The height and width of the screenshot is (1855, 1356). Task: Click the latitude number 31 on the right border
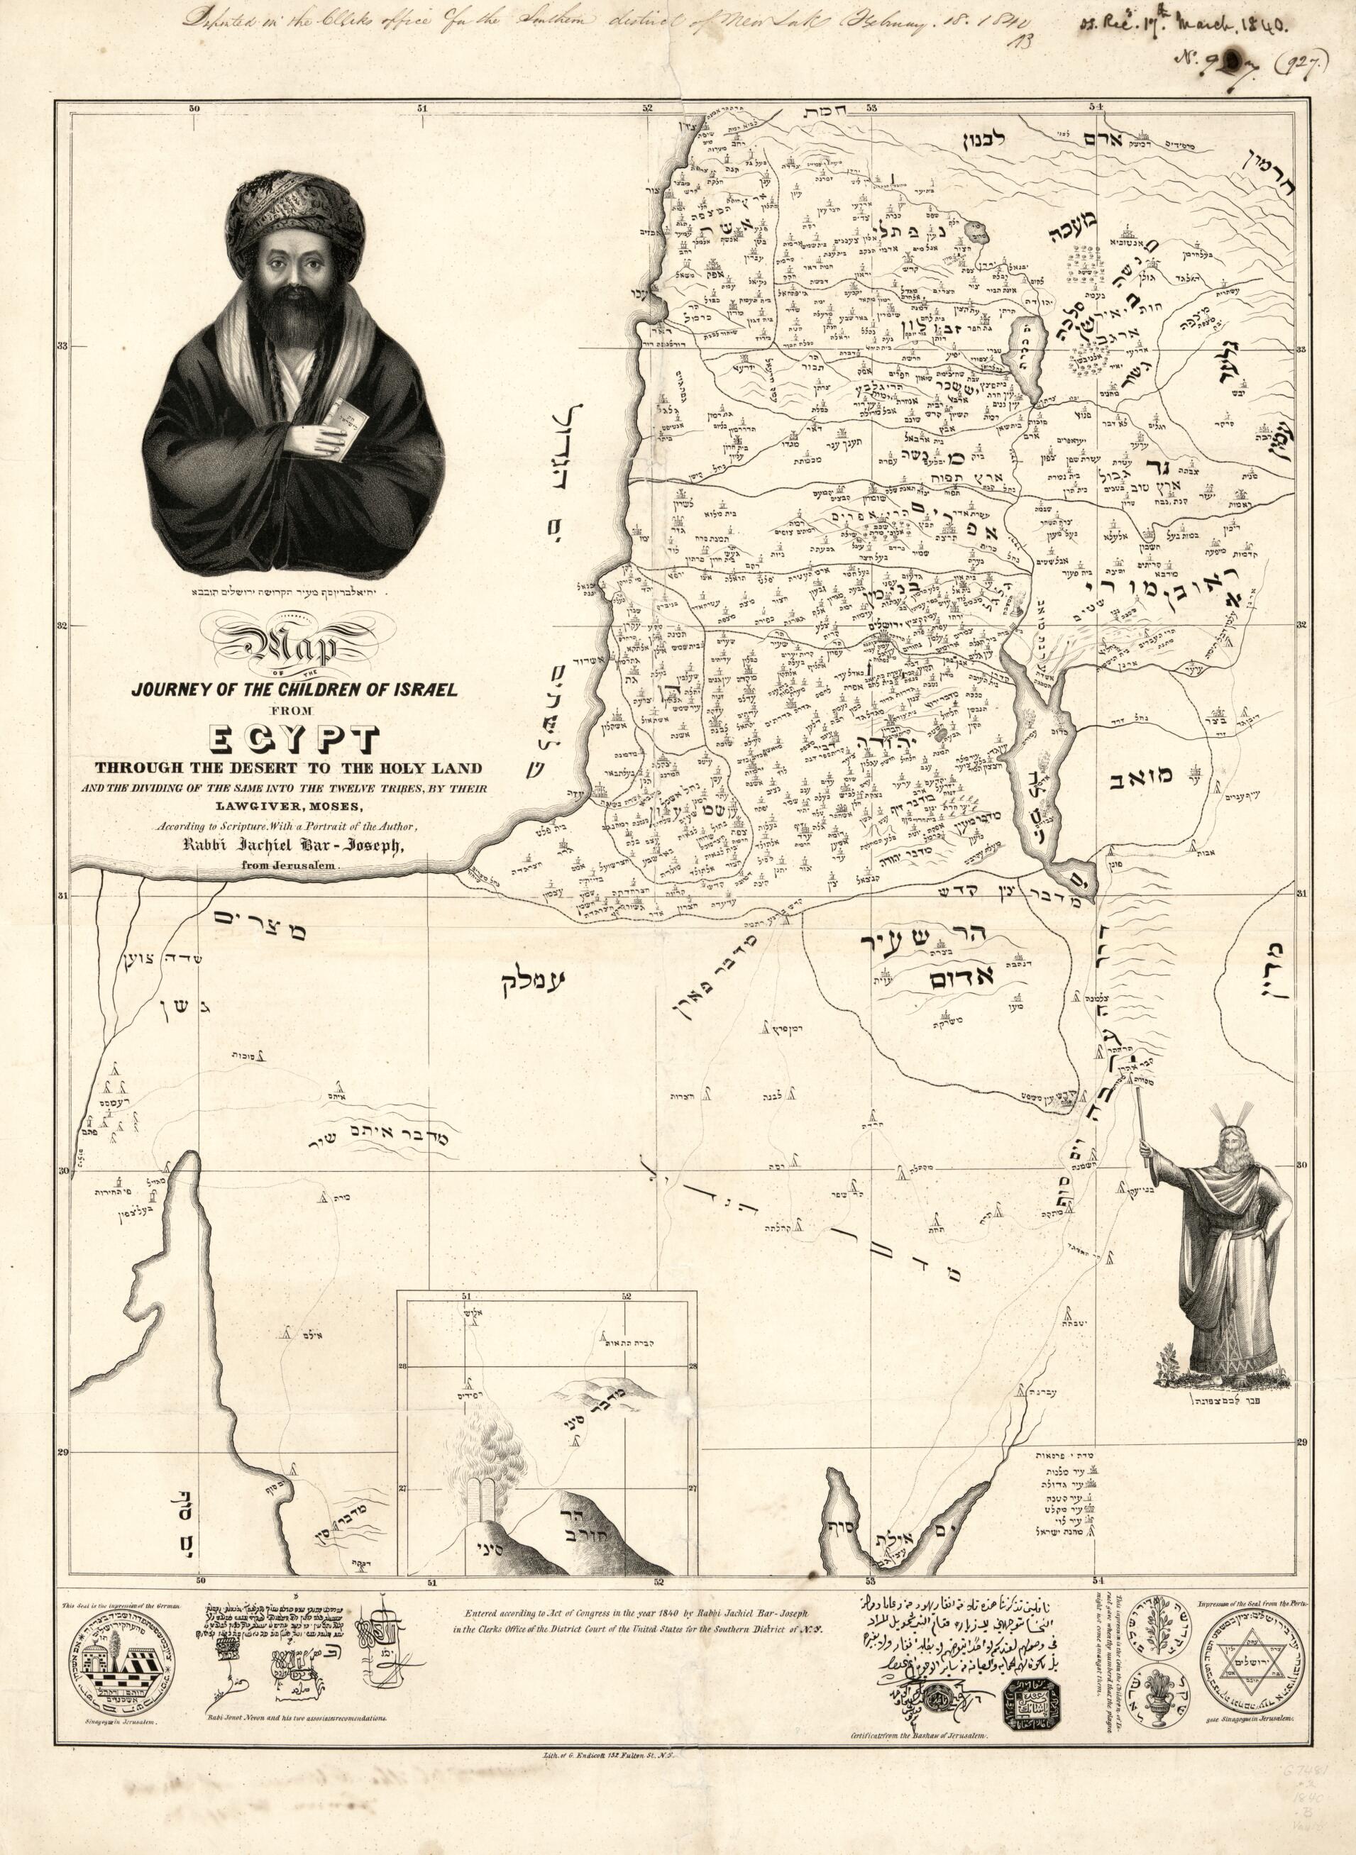(x=1303, y=895)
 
